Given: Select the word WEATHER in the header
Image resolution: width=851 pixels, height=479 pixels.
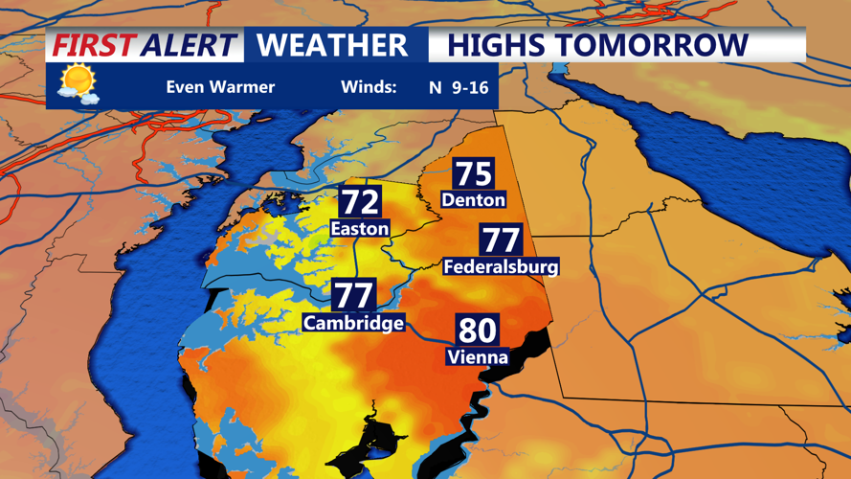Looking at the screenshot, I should click(x=332, y=45).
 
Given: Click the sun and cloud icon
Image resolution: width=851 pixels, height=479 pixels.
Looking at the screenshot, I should click(x=78, y=83).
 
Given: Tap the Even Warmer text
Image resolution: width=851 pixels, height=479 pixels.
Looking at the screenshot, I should click(x=220, y=87).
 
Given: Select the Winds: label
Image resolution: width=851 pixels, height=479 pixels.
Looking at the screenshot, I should click(x=369, y=87).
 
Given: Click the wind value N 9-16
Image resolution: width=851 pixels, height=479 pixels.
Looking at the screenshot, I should click(x=459, y=87).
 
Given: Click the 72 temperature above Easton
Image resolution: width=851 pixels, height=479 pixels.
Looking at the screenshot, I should click(x=360, y=202).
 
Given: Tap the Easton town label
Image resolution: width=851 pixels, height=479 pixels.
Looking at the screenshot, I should click(x=360, y=228).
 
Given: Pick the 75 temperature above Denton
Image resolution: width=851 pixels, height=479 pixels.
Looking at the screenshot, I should click(x=473, y=174).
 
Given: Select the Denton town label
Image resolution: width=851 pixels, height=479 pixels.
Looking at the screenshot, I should click(x=473, y=199).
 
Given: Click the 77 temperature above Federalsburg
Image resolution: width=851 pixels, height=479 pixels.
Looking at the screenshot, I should click(x=501, y=240).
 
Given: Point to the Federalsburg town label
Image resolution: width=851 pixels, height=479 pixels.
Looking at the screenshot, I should click(x=501, y=266).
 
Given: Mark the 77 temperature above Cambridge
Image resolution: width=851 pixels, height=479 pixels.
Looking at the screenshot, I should click(x=353, y=296).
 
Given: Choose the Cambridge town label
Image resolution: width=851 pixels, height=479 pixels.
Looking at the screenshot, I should click(x=353, y=323).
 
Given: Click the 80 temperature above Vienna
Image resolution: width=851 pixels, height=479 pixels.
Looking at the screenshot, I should click(x=477, y=331).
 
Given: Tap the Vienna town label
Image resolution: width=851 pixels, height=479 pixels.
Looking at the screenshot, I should click(x=477, y=356).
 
